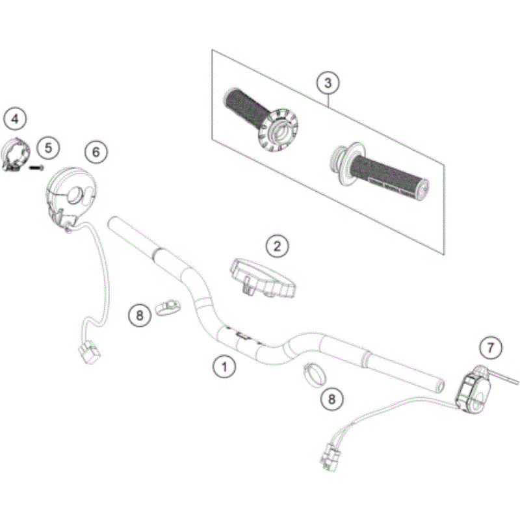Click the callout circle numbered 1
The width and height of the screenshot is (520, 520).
[x=225, y=367]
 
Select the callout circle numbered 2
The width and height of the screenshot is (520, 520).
[x=278, y=246]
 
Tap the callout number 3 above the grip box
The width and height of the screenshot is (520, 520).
[x=328, y=83]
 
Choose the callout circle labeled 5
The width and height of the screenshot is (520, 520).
[x=47, y=148]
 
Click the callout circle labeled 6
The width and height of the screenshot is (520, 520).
[x=96, y=152]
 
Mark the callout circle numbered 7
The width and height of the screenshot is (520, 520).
[x=491, y=348]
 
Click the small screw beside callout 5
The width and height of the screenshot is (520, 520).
[x=36, y=167]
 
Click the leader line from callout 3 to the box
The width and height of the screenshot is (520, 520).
[x=329, y=100]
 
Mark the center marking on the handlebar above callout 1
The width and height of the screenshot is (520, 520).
[x=242, y=336]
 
